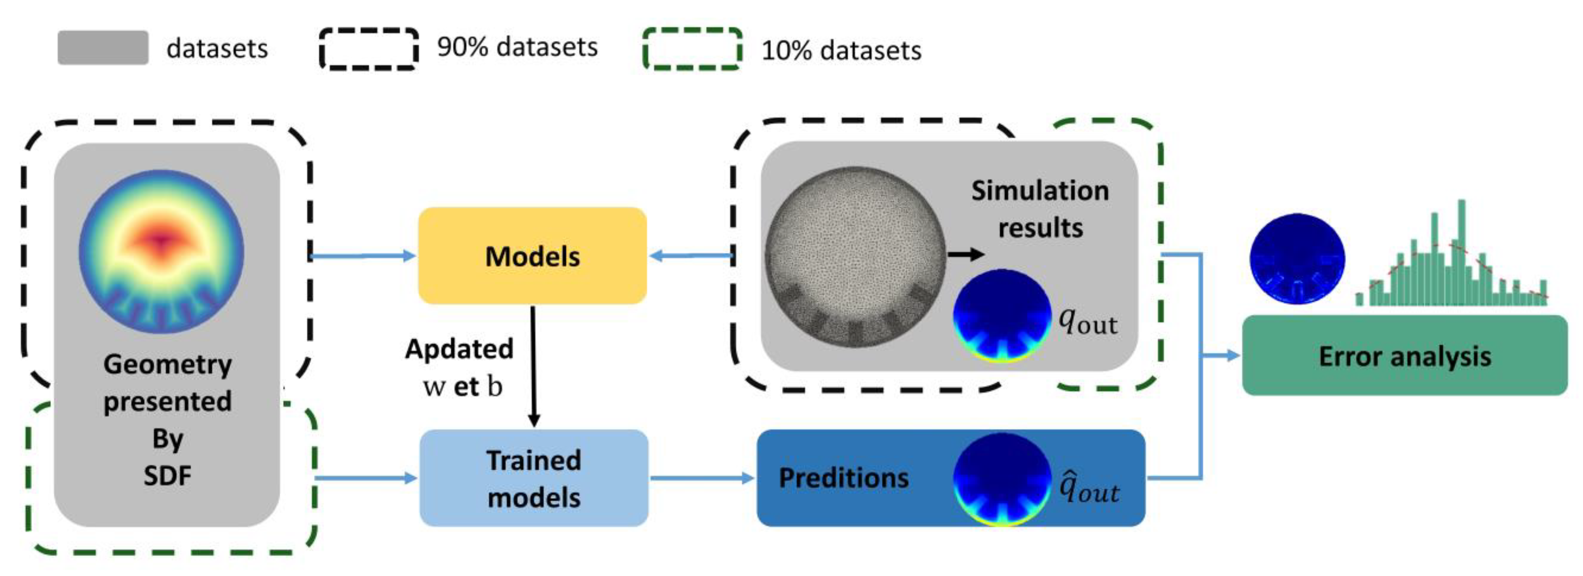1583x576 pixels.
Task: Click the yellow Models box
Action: click(532, 256)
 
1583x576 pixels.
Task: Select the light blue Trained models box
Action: click(533, 478)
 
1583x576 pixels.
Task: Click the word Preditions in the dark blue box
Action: click(843, 478)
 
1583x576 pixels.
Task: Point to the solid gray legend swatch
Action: click(103, 48)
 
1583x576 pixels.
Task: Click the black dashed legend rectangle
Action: click(369, 49)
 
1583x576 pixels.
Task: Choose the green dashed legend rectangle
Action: click(692, 49)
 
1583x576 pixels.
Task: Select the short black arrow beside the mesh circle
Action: click(965, 254)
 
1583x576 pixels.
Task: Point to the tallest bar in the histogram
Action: click(1462, 252)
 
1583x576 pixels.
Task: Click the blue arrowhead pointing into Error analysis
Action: click(1233, 355)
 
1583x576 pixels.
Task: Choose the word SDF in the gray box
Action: click(167, 475)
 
